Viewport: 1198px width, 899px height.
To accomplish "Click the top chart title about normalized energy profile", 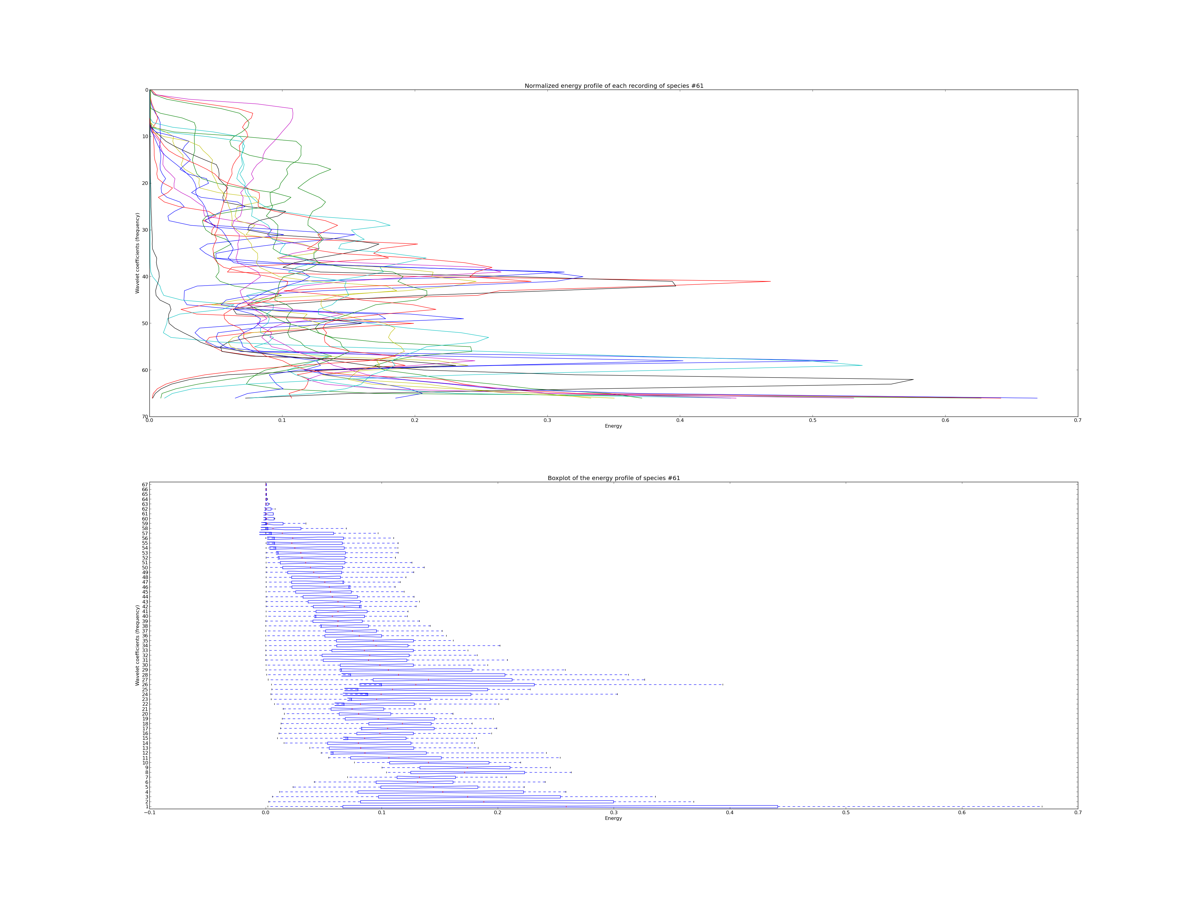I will click(x=614, y=86).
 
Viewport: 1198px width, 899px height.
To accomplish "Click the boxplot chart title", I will click(x=614, y=478).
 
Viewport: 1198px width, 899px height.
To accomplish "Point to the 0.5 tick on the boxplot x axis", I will click(x=845, y=812).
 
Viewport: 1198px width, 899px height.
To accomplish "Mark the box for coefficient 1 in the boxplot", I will click(x=560, y=806).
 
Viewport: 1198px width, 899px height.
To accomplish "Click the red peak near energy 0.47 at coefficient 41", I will click(x=770, y=281).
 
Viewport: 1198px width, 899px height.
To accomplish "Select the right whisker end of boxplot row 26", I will click(x=722, y=684).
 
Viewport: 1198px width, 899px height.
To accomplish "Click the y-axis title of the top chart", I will click(x=137, y=253).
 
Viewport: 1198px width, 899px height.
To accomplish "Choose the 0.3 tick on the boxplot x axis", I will click(x=614, y=812).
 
